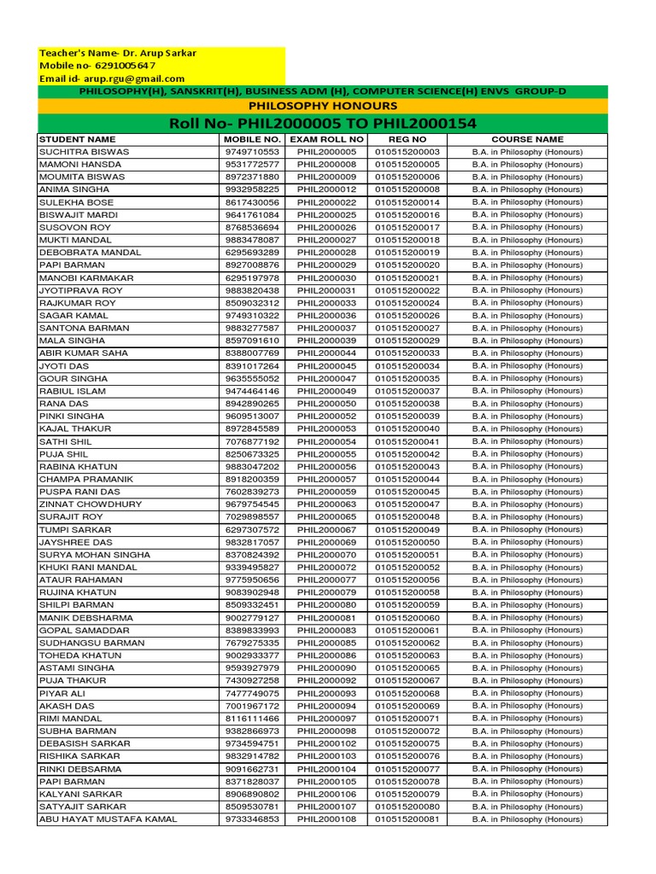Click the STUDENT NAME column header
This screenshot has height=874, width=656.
coord(78,139)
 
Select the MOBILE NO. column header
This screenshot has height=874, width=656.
coord(251,139)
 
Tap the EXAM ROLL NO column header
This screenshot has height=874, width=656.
coord(326,139)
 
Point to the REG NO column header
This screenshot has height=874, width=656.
coord(407,139)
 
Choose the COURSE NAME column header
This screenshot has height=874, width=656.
coord(527,139)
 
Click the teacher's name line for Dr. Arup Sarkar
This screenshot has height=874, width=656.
coord(118,53)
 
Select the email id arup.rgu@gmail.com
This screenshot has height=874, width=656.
coord(112,79)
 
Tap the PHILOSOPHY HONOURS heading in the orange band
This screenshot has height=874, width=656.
coord(322,106)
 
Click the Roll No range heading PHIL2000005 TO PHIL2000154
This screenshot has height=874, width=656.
coord(323,124)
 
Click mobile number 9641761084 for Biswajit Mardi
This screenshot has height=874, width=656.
coord(251,215)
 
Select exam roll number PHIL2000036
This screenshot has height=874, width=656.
coord(326,316)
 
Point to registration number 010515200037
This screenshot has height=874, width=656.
coord(407,391)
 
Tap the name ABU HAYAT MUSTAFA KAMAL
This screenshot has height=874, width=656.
coord(108,819)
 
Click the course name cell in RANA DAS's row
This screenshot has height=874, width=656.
coord(527,404)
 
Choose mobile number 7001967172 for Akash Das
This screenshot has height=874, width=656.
coord(251,706)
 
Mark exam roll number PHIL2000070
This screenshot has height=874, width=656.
coord(326,555)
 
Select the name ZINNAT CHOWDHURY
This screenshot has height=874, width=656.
coord(91,504)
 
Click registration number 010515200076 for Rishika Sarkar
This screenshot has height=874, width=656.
coord(407,756)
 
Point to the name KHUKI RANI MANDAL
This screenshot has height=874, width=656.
coord(88,568)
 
